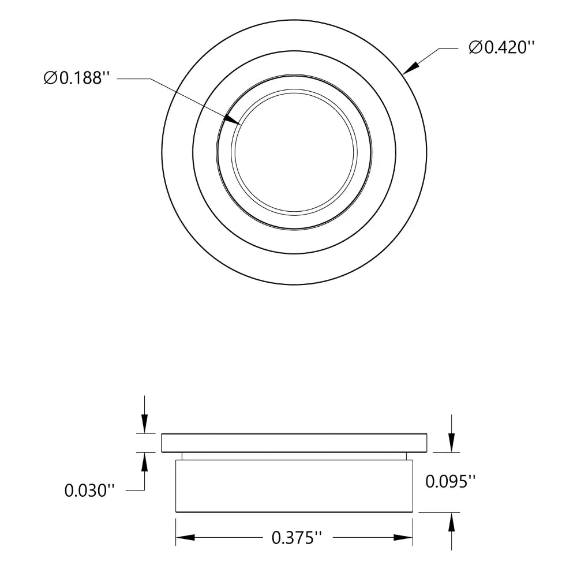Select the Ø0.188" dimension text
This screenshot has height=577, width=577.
(76, 78)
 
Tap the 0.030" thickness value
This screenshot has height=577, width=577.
(90, 490)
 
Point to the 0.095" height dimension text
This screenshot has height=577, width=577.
(451, 481)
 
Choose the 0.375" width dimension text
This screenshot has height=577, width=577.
(296, 538)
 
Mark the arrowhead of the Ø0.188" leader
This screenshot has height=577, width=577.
(234, 120)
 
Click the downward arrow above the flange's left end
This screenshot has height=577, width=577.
(144, 424)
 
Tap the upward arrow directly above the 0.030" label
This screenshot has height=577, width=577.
(144, 460)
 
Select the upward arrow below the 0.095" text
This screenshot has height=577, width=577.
(451, 521)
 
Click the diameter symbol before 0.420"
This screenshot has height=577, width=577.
(475, 48)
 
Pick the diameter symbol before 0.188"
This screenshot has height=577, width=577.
(50, 78)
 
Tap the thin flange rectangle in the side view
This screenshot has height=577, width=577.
(294, 443)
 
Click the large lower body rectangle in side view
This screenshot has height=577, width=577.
(294, 486)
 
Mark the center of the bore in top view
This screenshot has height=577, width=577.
(295, 152)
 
